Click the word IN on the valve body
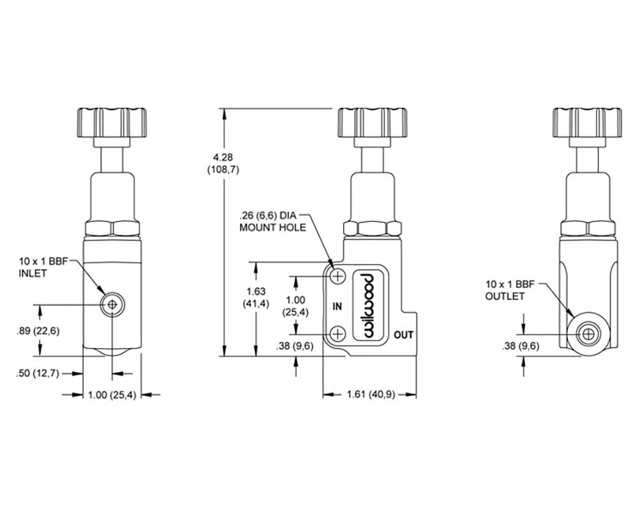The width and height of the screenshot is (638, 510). (338, 306)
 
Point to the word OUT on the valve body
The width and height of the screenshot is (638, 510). (403, 334)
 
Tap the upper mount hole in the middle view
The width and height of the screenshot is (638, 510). (338, 276)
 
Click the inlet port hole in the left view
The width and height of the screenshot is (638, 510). (112, 305)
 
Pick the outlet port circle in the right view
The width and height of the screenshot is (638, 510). (588, 333)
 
